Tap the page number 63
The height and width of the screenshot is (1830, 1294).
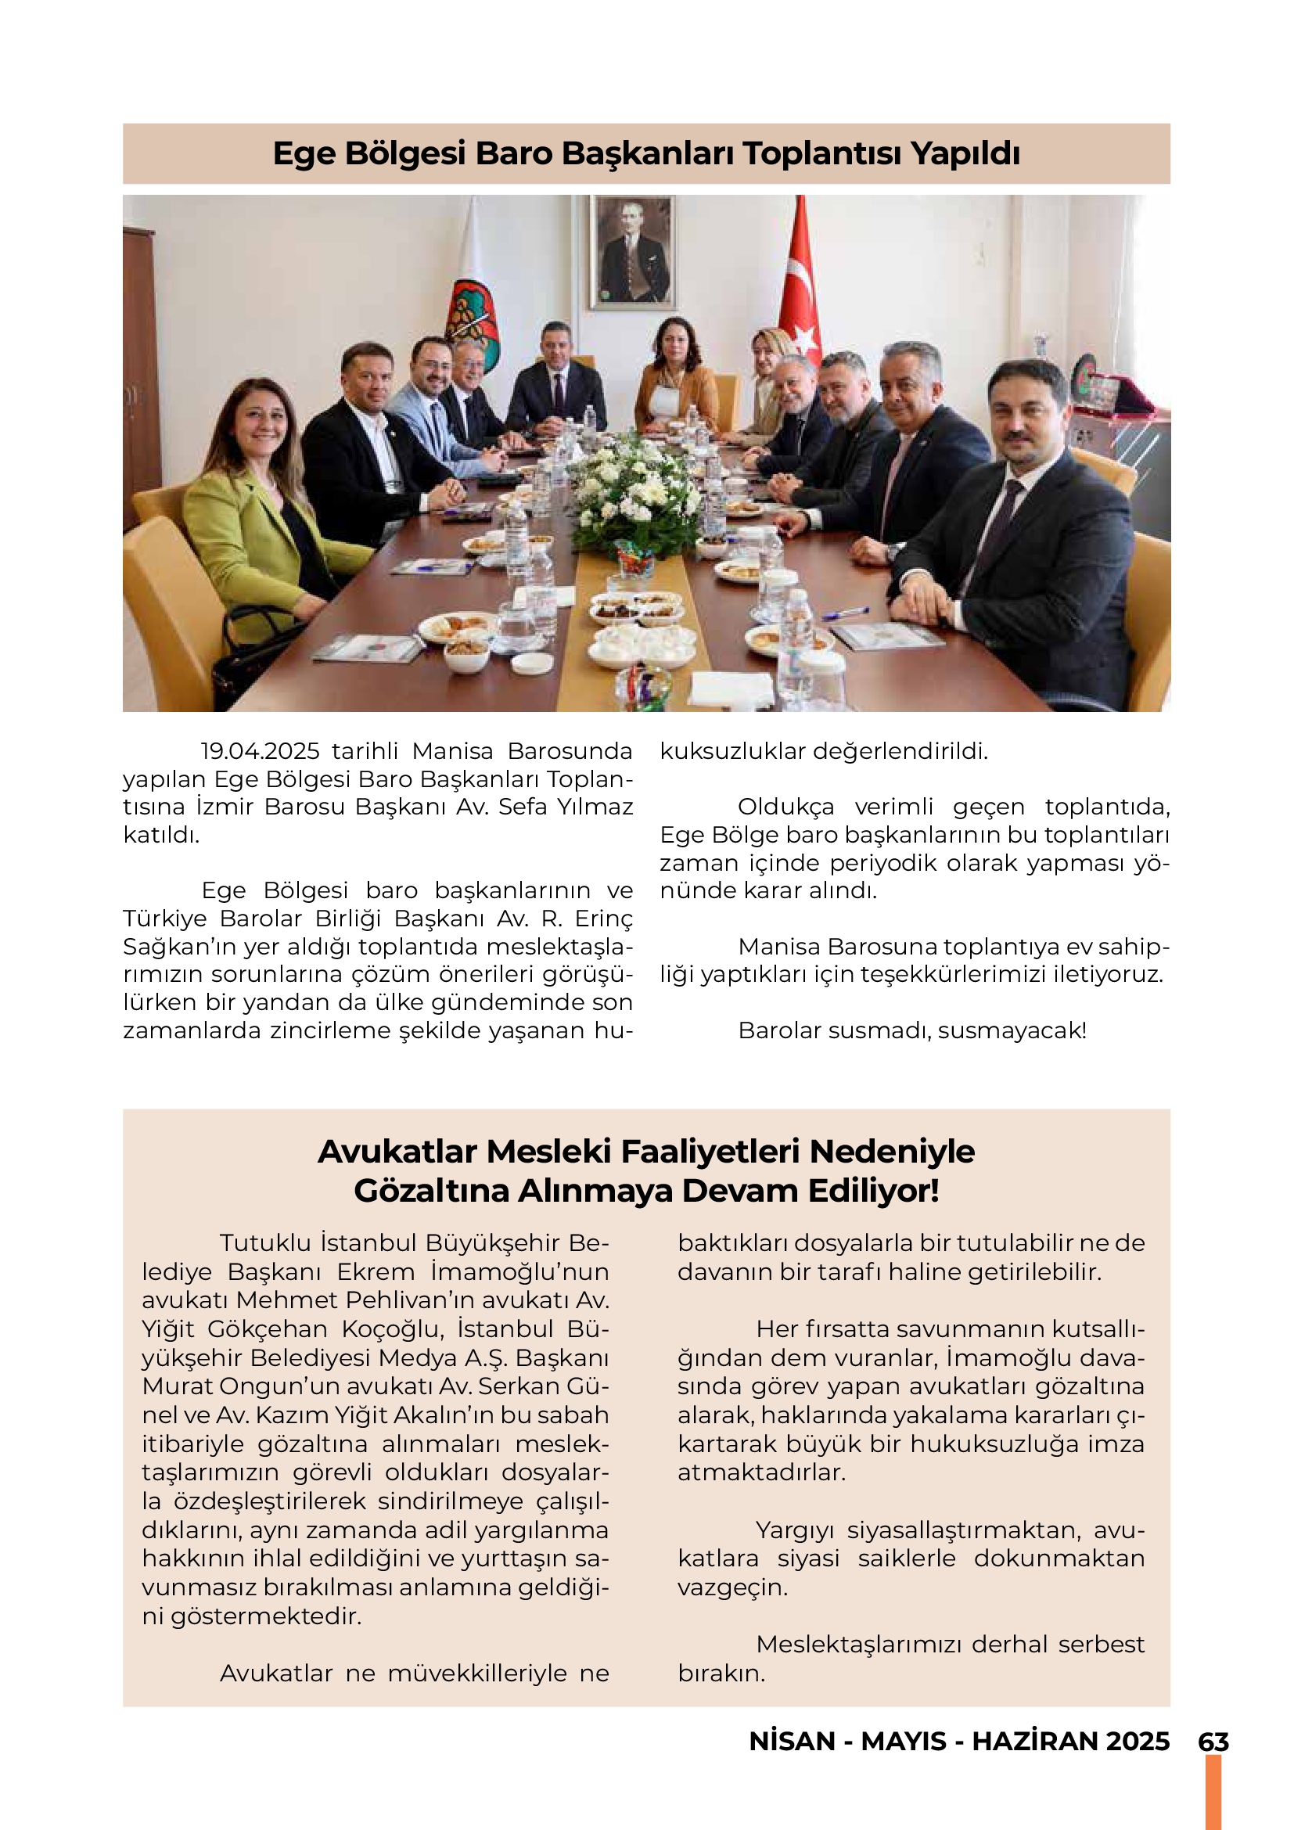pyautogui.click(x=1213, y=1742)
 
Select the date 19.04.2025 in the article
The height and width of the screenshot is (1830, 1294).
pyautogui.click(x=260, y=751)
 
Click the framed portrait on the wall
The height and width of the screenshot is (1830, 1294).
pyautogui.click(x=634, y=251)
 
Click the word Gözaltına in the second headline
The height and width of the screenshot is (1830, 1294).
pyautogui.click(x=432, y=1191)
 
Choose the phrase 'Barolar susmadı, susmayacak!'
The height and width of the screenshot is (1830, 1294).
pyautogui.click(x=912, y=1030)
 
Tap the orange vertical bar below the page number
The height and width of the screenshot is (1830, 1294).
pyautogui.click(x=1213, y=1793)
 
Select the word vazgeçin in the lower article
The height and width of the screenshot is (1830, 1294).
pyautogui.click(x=732, y=1587)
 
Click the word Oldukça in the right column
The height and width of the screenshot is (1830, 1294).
pyautogui.click(x=785, y=807)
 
